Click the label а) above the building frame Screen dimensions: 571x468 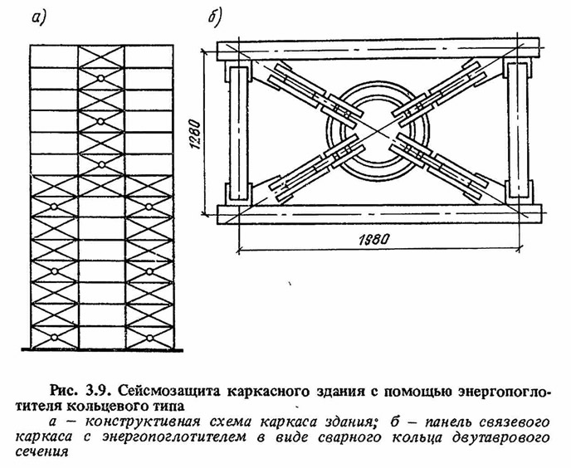point(40,18)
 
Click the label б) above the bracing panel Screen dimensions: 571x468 point(214,17)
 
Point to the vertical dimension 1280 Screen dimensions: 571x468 point(195,134)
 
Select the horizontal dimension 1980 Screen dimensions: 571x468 point(374,239)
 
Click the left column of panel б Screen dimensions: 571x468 point(238,133)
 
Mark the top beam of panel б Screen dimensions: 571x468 point(378,49)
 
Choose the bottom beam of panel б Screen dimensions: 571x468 point(379,214)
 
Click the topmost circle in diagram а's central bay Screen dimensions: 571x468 point(101,78)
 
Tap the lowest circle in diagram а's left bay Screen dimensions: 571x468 point(54,338)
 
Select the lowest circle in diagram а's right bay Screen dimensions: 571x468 point(149,338)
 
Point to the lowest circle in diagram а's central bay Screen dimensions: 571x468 point(101,165)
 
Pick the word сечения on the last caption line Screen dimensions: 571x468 point(41,452)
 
